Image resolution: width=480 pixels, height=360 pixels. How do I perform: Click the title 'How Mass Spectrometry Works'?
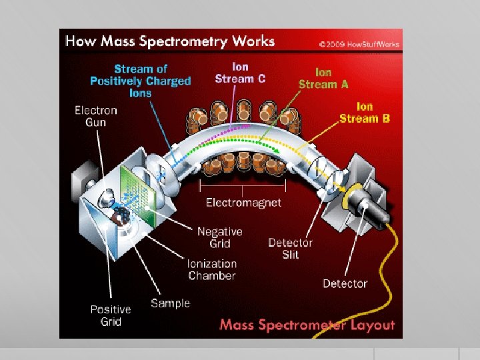click(170, 41)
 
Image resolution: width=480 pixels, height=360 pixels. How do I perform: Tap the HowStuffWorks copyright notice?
click(360, 44)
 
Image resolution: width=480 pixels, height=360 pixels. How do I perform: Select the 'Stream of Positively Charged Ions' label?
click(141, 81)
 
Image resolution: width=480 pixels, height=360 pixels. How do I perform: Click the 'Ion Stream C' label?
click(240, 73)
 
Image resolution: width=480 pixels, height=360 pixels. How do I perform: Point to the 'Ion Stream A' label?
click(323, 78)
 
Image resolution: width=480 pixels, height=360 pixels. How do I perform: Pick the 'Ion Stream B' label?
click(364, 113)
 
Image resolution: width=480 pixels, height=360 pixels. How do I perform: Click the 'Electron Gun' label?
click(95, 116)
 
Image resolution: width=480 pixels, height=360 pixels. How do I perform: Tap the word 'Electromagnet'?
click(243, 202)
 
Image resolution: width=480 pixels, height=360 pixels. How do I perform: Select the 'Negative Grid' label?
click(219, 237)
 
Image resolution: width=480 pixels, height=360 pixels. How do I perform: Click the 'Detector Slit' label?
click(290, 249)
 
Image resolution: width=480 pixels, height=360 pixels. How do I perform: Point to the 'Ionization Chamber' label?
click(212, 269)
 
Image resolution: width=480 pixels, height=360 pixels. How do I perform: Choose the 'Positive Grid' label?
click(111, 315)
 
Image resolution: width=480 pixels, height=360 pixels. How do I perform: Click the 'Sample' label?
click(170, 303)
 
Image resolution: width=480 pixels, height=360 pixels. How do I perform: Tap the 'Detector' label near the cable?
click(345, 283)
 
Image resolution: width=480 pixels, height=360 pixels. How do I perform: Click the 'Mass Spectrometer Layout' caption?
click(307, 325)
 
